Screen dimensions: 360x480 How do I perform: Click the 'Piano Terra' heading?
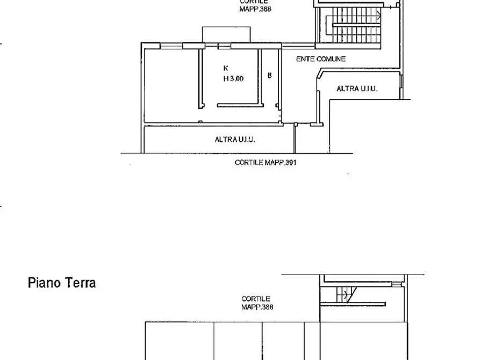[x=62, y=283]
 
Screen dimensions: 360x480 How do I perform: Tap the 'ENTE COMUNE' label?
[x=320, y=59]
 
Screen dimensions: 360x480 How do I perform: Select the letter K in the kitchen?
[x=226, y=68]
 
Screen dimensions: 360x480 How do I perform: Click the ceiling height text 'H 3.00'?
[x=233, y=78]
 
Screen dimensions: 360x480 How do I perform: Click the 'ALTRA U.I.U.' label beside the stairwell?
[x=357, y=89]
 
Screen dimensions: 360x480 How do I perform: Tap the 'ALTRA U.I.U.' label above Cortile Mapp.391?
[x=235, y=139]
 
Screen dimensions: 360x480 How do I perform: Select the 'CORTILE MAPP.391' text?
[x=266, y=162]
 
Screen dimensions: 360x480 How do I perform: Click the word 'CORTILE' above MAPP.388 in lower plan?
[x=255, y=299]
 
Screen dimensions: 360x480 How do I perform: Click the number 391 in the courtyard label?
[x=291, y=162]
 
